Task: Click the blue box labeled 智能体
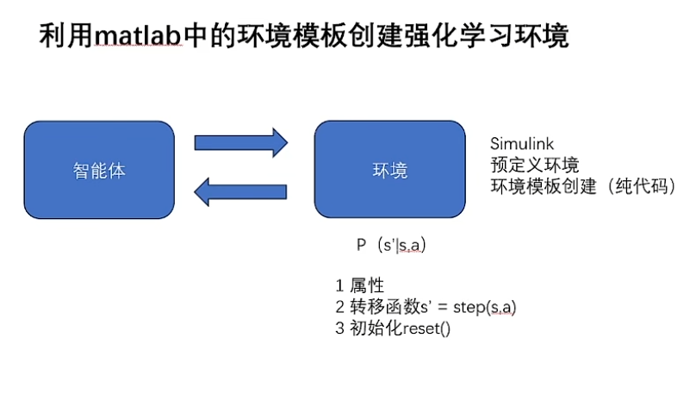[x=99, y=170]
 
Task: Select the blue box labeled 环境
[x=389, y=170]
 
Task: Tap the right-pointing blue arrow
[x=240, y=142]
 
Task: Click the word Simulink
[x=522, y=144]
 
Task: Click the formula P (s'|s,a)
[x=392, y=246]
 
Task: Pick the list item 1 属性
[x=359, y=286]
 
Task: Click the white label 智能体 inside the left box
[x=99, y=170]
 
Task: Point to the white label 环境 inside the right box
[x=389, y=171]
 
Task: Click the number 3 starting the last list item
[x=340, y=329]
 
